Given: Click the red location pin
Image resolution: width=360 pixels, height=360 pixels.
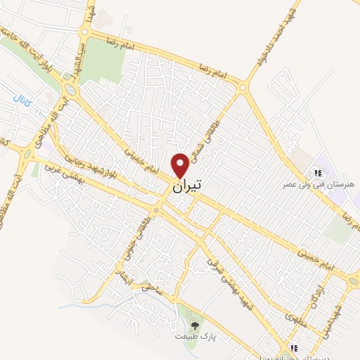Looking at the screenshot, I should (x=181, y=165).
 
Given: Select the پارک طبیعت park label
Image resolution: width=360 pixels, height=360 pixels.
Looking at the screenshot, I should (x=193, y=337).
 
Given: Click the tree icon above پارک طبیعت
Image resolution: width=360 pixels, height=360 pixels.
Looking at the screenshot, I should (x=195, y=325).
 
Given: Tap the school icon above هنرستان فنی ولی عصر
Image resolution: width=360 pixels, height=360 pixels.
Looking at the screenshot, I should (x=317, y=172).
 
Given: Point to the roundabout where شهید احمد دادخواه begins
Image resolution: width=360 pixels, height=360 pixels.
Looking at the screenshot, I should (x=243, y=88).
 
